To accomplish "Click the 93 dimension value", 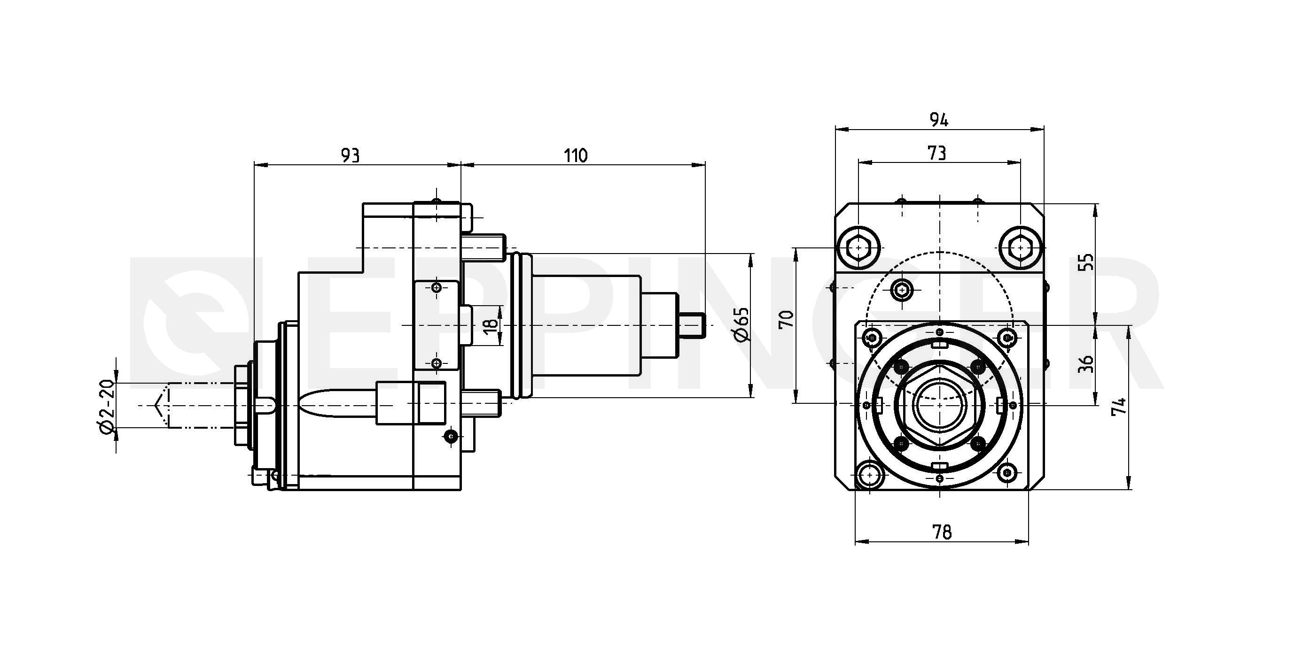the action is coord(351,156).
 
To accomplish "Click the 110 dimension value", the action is coord(575,156).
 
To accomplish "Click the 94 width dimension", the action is coord(938,120).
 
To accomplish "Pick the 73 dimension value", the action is coord(936,153).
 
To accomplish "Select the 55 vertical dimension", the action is coord(1087,262).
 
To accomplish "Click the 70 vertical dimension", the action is coord(786,319).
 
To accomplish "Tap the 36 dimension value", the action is coord(1086,364).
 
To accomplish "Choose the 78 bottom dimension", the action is coord(942,531).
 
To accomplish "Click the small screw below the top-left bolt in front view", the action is coord(902,290).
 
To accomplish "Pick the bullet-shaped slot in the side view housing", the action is coord(337,403).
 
